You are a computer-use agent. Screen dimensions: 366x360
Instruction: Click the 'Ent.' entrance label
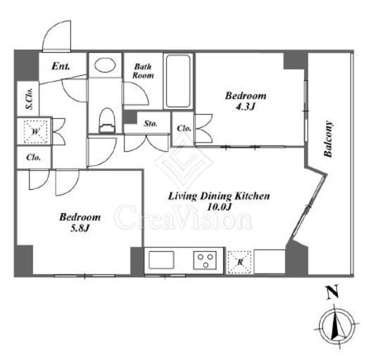pos(61,66)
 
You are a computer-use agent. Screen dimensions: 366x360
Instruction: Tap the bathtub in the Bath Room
pos(178,82)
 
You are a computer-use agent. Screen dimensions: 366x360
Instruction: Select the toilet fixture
pos(108,120)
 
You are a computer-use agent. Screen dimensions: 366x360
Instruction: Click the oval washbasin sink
pos(105,65)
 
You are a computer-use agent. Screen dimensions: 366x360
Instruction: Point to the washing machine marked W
pos(35,131)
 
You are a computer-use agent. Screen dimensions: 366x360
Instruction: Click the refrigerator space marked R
pos(240,262)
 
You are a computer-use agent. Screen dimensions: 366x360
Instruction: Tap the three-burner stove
pos(206,260)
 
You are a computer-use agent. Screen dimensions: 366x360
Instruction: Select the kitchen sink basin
pos(162,260)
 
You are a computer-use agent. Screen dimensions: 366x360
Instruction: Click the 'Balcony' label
pos(328,139)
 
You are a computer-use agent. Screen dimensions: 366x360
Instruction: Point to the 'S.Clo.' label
pos(30,99)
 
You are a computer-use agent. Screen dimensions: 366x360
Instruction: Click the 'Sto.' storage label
pos(151,124)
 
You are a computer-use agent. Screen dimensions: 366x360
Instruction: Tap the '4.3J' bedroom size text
pos(245,107)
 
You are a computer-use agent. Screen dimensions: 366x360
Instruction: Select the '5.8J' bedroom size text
pos(80,228)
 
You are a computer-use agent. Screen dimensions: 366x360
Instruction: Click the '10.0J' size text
pos(219,207)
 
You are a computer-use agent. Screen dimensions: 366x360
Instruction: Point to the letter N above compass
pos(333,292)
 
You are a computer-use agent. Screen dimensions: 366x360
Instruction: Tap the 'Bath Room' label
pos(143,71)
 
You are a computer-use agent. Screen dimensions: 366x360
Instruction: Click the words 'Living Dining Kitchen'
pos(219,196)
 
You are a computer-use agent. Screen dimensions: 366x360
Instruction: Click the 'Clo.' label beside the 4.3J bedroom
pos(184,129)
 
